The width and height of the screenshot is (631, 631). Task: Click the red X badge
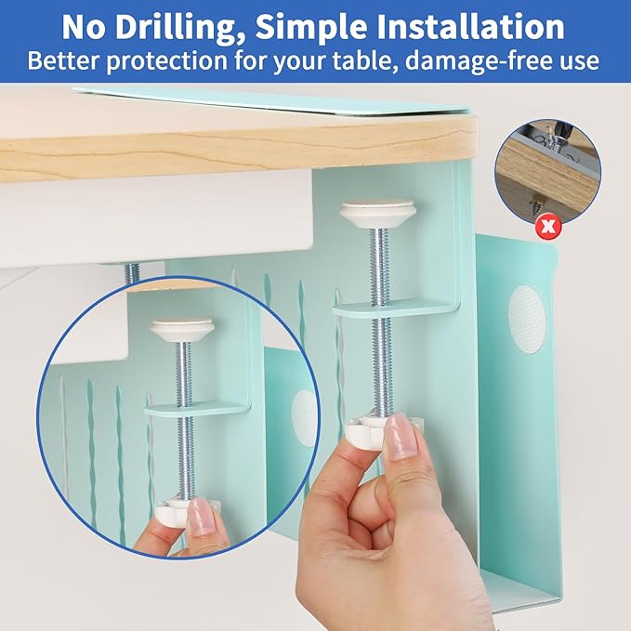point(547,227)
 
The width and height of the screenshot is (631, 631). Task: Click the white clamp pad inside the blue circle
point(182,328)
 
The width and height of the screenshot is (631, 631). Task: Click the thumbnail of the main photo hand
point(401,437)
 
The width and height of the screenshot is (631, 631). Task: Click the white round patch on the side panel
point(527,320)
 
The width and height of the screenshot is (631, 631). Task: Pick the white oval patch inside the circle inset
point(304,418)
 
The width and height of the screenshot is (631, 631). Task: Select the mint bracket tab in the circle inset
point(197,409)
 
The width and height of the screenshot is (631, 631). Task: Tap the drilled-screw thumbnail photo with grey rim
point(547,171)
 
